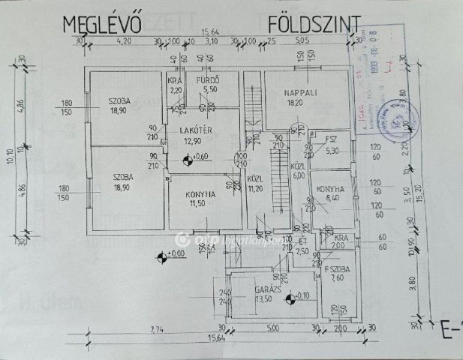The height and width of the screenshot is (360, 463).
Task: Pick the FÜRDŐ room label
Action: (206, 80)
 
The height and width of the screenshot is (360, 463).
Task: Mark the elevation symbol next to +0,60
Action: (185, 157)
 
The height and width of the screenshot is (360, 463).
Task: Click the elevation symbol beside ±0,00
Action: (161, 259)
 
